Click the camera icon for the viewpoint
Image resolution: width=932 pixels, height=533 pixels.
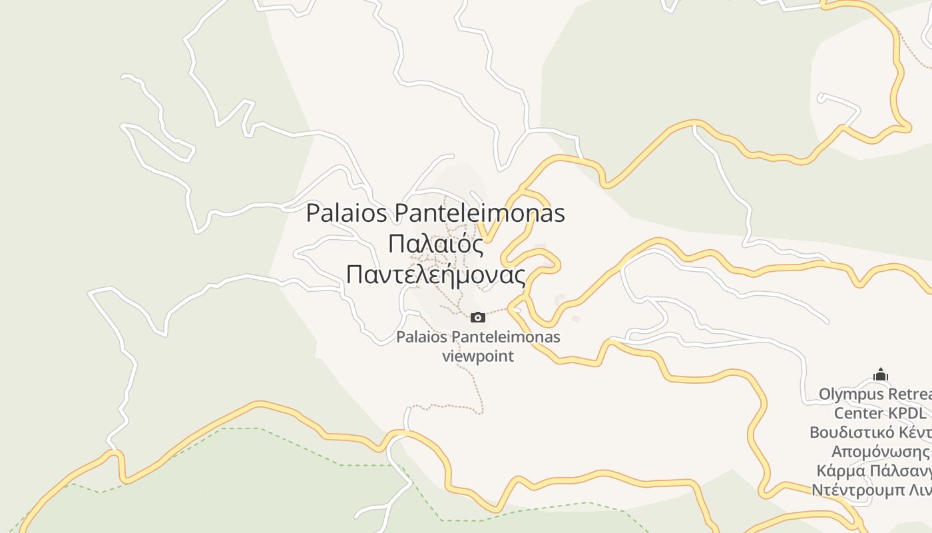[x=478, y=317]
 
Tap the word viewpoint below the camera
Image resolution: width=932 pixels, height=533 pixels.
[x=478, y=356]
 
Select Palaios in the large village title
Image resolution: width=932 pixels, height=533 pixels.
[x=347, y=213]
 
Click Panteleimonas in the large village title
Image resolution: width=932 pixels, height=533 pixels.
[x=480, y=213]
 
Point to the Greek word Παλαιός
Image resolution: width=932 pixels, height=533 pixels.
[x=435, y=244]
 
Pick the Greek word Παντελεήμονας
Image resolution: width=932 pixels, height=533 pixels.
[x=435, y=274]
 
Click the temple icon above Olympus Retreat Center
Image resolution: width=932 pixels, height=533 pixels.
[x=881, y=375]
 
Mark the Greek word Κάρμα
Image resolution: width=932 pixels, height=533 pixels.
[x=841, y=471]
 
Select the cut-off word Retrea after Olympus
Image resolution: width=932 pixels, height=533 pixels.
[x=911, y=394]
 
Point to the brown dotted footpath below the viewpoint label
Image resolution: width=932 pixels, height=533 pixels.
[x=477, y=393]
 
